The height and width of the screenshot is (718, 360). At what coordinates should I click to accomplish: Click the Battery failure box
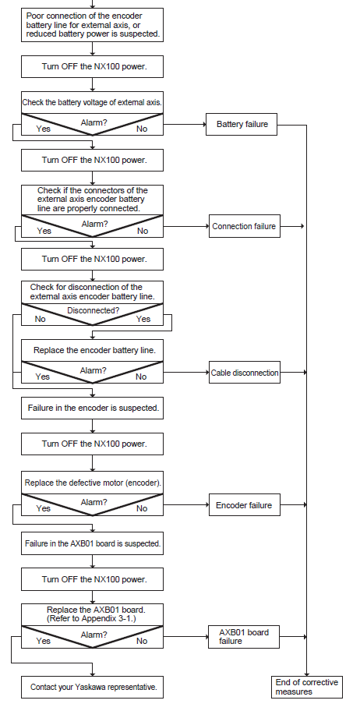242,124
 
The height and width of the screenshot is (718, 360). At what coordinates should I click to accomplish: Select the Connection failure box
244,226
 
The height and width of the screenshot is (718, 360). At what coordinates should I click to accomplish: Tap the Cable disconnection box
245,373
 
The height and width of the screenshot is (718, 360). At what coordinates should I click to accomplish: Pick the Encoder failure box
244,505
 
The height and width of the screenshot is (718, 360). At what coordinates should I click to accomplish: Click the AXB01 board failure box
244,637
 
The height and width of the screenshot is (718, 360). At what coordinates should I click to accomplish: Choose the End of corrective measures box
307,688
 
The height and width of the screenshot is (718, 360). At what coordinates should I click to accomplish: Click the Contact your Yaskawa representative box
93,688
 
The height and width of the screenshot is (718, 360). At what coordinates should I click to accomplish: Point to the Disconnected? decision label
94,310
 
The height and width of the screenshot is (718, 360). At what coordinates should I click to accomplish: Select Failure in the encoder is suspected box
93,408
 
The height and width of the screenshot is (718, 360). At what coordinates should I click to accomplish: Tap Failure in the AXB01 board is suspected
93,543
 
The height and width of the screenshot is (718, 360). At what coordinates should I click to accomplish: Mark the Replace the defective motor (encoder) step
93,483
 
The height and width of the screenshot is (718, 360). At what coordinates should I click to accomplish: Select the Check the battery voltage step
93,103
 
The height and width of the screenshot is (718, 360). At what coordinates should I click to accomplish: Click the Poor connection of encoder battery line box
93,25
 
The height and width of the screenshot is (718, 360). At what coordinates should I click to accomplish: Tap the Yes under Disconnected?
143,319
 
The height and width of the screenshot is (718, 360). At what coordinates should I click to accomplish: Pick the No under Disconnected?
41,319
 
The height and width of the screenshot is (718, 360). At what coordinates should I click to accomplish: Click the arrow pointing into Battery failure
185,124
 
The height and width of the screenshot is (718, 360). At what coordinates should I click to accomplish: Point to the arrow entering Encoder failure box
186,505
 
